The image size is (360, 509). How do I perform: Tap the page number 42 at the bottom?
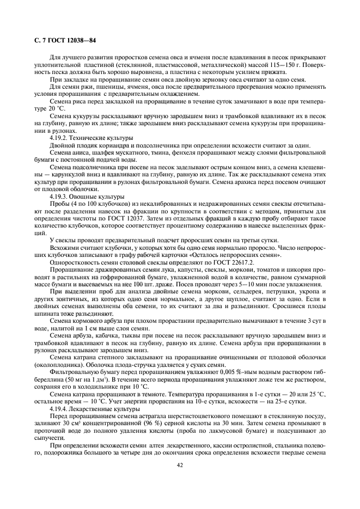tap(179, 465)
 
